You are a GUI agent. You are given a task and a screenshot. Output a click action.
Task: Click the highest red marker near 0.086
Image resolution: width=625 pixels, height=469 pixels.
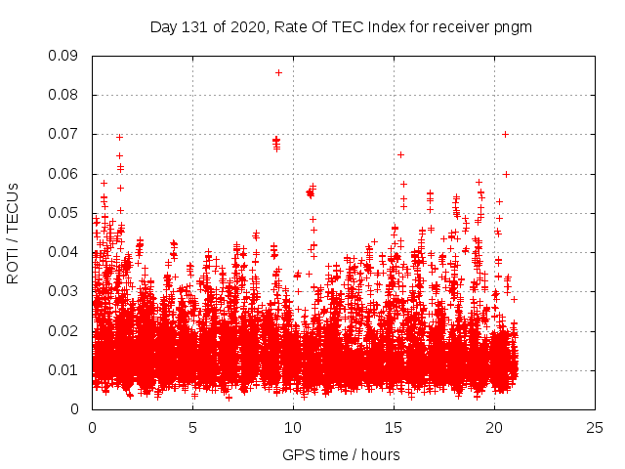coord(278,72)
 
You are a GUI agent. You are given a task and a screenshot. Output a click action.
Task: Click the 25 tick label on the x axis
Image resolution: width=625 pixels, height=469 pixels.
coord(595,427)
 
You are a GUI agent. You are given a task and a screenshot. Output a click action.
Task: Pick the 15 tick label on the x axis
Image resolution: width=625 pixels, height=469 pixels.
coord(394,427)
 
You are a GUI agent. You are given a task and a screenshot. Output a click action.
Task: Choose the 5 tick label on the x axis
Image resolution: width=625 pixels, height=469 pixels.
coord(192,427)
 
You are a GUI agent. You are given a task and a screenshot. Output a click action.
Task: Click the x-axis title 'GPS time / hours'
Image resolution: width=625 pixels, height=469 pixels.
coord(341,454)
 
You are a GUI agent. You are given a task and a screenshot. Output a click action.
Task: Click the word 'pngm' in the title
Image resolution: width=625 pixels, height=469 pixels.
coord(511,26)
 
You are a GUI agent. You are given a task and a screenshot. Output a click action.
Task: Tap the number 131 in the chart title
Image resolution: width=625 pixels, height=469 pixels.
coord(195,26)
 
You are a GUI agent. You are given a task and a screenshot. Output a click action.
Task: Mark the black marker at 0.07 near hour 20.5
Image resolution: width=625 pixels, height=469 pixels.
coord(505,134)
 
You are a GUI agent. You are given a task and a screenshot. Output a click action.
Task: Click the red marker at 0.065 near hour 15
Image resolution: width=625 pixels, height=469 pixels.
coord(400,154)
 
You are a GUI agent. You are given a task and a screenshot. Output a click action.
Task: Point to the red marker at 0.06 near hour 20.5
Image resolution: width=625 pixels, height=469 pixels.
coord(506,174)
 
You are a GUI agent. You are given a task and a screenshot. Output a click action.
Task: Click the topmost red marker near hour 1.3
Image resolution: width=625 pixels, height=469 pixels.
coord(119,137)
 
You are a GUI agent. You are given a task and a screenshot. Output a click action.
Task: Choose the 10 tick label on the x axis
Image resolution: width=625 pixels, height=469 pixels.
coord(293,427)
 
